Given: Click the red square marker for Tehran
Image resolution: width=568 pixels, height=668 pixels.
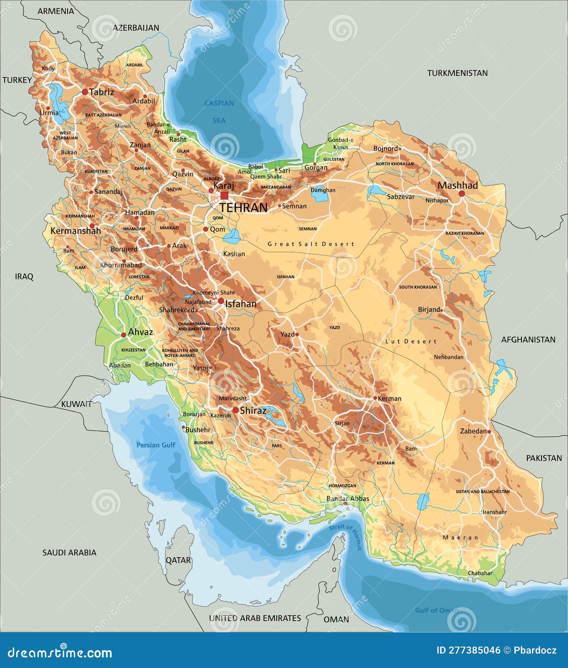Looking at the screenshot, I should click(x=224, y=196).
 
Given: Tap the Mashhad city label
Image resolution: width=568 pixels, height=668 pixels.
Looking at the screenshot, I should click(x=457, y=185).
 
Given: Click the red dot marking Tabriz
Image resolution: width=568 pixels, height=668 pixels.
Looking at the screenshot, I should click(x=85, y=92).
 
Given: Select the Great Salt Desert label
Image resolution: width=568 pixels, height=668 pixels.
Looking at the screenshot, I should click(x=311, y=244).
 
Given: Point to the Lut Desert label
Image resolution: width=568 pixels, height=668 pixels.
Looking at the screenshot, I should click(x=411, y=341).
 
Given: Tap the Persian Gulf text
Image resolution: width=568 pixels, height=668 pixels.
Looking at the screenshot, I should click(x=156, y=445).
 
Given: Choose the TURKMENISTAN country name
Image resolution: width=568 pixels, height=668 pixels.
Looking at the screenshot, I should click(x=457, y=73).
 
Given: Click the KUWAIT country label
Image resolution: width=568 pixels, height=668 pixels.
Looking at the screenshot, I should click(x=77, y=404).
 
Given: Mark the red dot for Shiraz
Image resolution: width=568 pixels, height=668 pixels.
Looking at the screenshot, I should click(x=236, y=410).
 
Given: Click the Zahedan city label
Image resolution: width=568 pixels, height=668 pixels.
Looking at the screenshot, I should click(x=473, y=431).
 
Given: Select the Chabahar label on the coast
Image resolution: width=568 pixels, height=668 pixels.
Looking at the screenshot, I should click(x=480, y=573).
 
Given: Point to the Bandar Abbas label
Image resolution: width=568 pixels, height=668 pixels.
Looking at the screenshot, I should click(x=348, y=498).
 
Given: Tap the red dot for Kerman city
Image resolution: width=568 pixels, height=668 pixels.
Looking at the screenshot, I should click(x=375, y=398).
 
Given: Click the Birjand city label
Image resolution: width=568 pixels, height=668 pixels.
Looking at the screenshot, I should click(x=429, y=309).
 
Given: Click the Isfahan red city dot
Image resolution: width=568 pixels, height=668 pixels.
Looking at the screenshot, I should click(x=221, y=301).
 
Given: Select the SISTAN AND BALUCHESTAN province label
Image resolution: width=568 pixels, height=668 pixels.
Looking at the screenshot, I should click(x=482, y=492).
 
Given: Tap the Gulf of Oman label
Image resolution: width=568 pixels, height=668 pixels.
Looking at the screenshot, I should click(x=436, y=610).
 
